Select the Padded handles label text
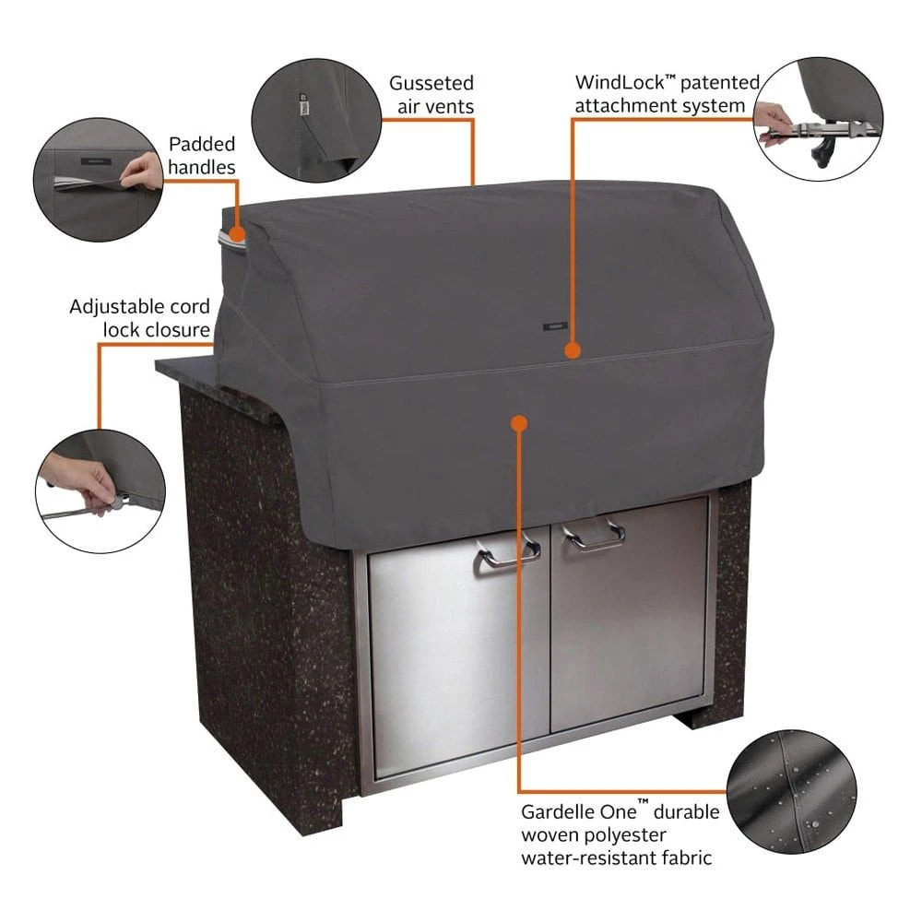(x=201, y=155)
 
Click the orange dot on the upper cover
(x=572, y=350)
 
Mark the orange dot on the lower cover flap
(x=519, y=423)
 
